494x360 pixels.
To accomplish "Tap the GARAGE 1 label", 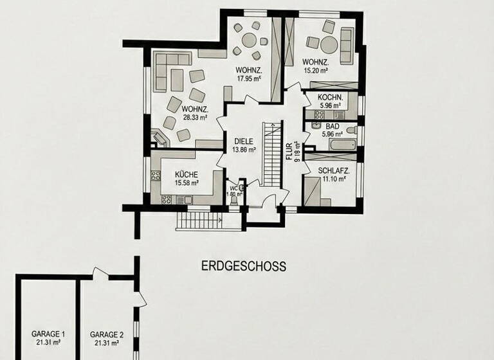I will (49, 334).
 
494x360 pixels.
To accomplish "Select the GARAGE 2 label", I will (107, 334).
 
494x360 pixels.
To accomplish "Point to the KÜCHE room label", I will (185, 174).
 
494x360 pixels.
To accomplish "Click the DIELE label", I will (243, 141).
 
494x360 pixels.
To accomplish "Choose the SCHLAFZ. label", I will (333, 170).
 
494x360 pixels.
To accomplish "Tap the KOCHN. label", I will (332, 97).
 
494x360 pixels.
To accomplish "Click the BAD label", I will (332, 127).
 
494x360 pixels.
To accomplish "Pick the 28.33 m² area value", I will (194, 118).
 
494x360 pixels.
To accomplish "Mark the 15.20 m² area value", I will (315, 71).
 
